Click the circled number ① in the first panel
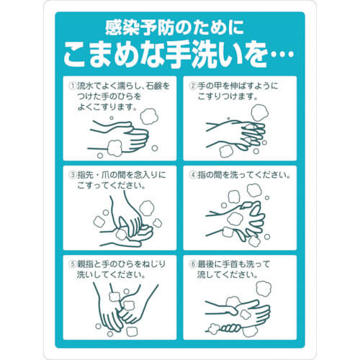73,86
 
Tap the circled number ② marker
193,86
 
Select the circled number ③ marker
73,175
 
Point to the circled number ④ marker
193,175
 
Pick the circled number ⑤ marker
73,264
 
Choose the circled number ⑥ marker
193,264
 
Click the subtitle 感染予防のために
175,28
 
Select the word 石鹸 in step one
153,86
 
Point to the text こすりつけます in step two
225,96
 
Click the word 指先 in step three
85,175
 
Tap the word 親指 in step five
85,264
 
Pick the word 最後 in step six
206,264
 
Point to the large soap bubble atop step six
264,288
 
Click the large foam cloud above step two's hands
260,112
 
